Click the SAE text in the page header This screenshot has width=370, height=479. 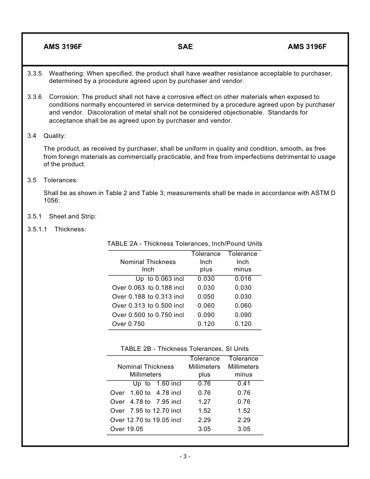point(185,47)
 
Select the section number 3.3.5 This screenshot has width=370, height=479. point(35,73)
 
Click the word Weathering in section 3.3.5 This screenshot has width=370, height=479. point(67,73)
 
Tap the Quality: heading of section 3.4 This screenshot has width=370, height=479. point(55,136)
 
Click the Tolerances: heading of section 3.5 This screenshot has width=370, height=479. point(61,180)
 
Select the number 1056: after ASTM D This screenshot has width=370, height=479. point(52,201)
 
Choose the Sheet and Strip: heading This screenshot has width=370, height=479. point(72,217)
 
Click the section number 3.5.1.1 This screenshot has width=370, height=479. point(37,229)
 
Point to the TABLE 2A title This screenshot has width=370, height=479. point(185,244)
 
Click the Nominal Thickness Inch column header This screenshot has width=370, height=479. point(148,266)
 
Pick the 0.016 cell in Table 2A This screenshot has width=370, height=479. point(243,279)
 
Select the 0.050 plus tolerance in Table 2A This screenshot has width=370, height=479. point(206,297)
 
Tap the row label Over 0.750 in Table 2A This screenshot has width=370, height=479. point(128,324)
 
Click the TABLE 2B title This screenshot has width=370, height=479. point(185,349)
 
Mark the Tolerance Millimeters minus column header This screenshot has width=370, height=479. point(243,366)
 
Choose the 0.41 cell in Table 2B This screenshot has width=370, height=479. point(244,384)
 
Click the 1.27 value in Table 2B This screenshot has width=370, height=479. point(204,402)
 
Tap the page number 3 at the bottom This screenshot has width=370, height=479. point(185,456)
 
